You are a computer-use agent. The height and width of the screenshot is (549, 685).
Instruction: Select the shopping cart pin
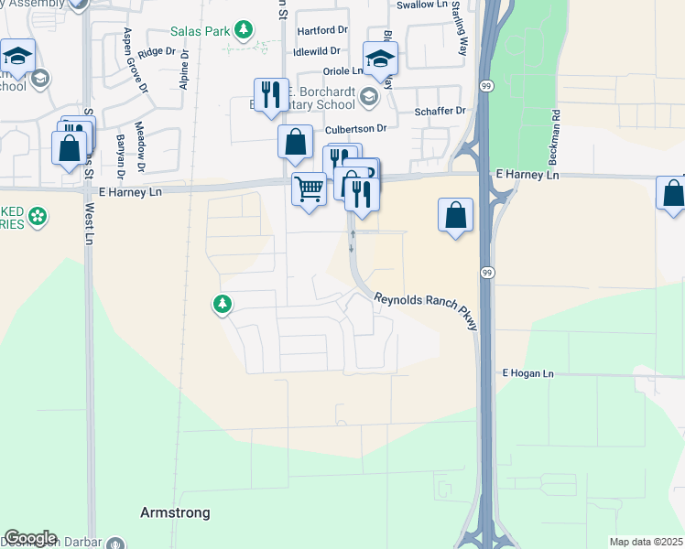309,189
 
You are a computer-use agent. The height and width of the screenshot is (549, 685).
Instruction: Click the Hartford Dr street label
323,31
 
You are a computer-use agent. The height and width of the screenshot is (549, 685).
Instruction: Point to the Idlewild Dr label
317,52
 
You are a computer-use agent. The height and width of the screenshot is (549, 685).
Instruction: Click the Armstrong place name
175,512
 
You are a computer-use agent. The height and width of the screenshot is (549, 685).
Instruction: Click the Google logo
29,538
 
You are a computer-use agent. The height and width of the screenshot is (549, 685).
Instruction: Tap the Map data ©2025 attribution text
646,542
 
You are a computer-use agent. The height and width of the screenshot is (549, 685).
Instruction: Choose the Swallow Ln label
419,5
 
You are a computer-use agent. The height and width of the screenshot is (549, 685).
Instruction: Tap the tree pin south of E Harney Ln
223,304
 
